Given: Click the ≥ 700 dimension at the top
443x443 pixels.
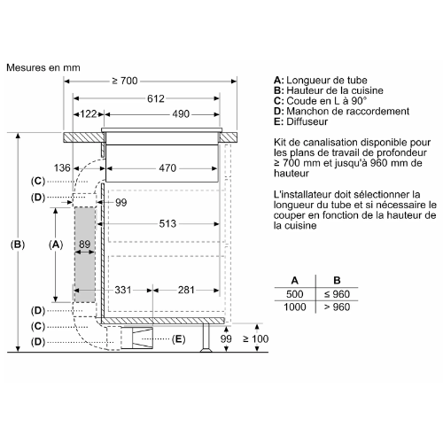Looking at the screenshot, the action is [x=125, y=81].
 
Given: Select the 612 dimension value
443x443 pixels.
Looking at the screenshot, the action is [x=156, y=98].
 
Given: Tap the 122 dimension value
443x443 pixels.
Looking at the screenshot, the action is [x=89, y=114].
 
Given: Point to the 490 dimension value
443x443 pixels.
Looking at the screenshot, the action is [x=181, y=114].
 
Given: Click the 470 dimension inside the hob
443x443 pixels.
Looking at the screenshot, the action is [x=167, y=168].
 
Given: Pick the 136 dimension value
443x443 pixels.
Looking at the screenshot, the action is [x=62, y=168].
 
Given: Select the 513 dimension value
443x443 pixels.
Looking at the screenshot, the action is [x=167, y=224].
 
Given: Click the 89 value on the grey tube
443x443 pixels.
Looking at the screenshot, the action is [x=84, y=245].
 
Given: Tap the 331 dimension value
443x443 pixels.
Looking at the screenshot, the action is [x=123, y=290].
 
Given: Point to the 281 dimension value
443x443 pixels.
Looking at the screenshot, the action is [x=186, y=290].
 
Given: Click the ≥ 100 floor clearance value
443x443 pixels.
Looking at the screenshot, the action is [x=256, y=338].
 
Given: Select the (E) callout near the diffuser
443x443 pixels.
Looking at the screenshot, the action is [x=178, y=339].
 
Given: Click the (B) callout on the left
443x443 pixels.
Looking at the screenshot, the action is [x=18, y=245].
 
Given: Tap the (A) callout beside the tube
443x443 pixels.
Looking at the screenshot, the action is [x=56, y=245].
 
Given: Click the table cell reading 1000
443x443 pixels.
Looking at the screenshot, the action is [x=295, y=307].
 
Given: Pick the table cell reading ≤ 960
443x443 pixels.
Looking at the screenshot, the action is [x=337, y=294].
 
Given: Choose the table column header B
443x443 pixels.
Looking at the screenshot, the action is [x=337, y=280].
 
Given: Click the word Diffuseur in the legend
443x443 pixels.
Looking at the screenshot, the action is [x=307, y=121].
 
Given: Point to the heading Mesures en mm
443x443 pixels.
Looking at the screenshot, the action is [x=43, y=67].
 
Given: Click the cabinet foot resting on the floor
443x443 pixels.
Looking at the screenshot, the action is [x=206, y=338].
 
